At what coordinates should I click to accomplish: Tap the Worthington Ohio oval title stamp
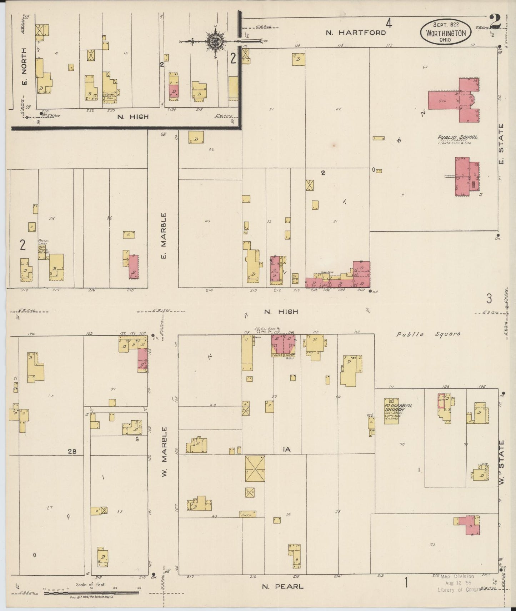tap(446, 32)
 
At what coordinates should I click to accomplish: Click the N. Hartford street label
tap(356, 33)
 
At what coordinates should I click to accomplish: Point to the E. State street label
tap(501, 144)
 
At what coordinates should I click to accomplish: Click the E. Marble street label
tap(163, 236)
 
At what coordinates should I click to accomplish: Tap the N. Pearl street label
tap(282, 586)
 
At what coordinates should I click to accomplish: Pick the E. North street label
tap(25, 68)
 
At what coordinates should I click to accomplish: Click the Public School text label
tap(457, 137)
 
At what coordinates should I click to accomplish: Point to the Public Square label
tap(429, 334)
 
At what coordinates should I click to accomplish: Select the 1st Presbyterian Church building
tap(391, 411)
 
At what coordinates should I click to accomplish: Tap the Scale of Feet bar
tap(91, 592)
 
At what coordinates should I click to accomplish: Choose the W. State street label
tap(501, 463)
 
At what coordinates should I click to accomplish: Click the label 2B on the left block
tap(72, 452)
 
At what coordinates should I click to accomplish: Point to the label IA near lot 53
tap(286, 449)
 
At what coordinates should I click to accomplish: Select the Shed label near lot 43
tap(247, 515)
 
